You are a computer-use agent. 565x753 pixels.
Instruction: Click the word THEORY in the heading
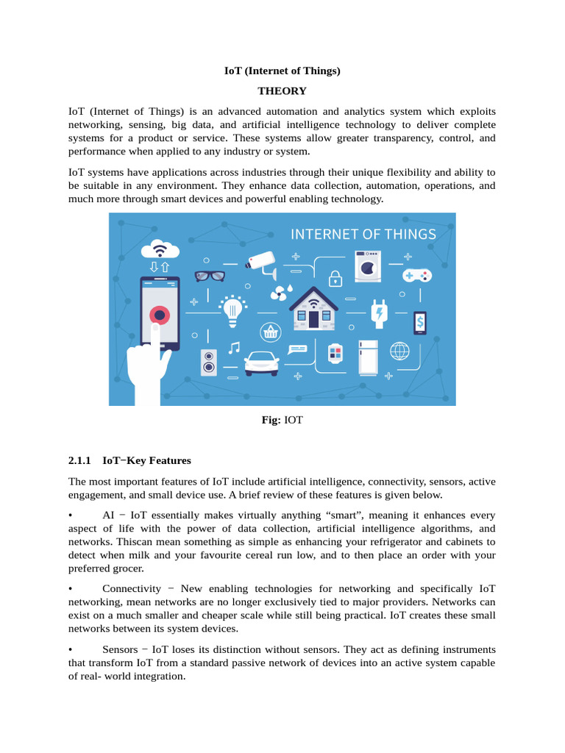pyautogui.click(x=282, y=91)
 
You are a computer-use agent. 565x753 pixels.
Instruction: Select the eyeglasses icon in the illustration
pyautogui.click(x=210, y=276)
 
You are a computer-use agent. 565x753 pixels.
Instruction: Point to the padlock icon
pyautogui.click(x=335, y=278)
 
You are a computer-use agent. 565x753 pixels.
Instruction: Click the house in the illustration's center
pyautogui.click(x=313, y=310)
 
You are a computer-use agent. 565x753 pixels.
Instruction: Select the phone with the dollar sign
pyautogui.click(x=419, y=322)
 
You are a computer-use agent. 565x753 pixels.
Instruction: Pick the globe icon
pyautogui.click(x=399, y=351)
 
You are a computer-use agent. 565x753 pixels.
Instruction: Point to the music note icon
pyautogui.click(x=234, y=348)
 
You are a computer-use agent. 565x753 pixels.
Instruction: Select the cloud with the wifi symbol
pyautogui.click(x=159, y=249)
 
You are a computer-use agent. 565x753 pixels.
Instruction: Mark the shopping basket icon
pyautogui.click(x=270, y=332)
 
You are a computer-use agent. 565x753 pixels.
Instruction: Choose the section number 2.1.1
pyautogui.click(x=79, y=460)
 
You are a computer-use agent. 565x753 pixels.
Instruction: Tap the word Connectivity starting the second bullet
pyautogui.click(x=132, y=589)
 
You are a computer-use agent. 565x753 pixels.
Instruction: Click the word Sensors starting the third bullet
pyautogui.click(x=120, y=649)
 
